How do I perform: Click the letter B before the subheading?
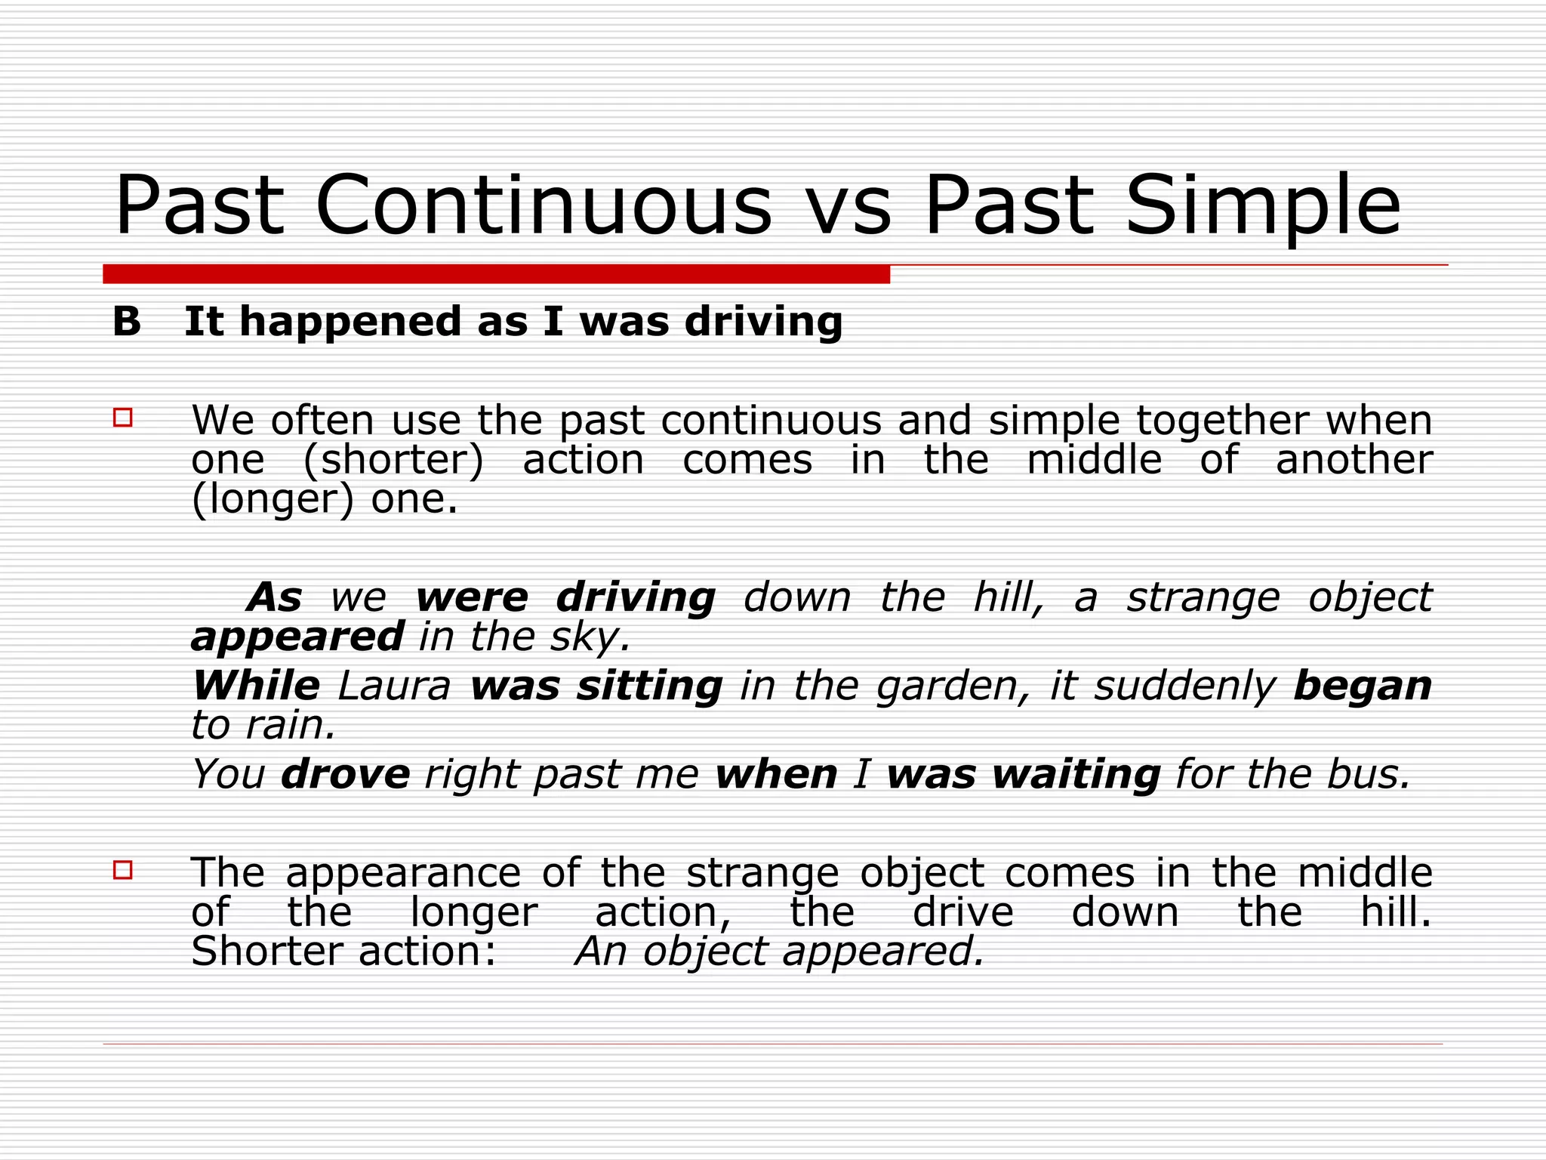pyautogui.click(x=127, y=322)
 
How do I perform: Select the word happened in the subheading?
pyautogui.click(x=350, y=322)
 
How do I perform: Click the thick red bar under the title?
pyautogui.click(x=496, y=274)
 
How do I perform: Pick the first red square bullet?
pyautogui.click(x=123, y=418)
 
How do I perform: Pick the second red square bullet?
pyautogui.click(x=123, y=870)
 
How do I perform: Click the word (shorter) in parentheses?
pyautogui.click(x=393, y=461)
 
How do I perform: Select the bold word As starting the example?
pyautogui.click(x=276, y=597)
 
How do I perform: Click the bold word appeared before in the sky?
pyautogui.click(x=297, y=637)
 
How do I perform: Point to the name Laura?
pyautogui.click(x=394, y=686)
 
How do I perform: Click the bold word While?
pyautogui.click(x=256, y=686)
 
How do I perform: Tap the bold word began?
pyautogui.click(x=1362, y=686)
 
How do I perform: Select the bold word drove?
pyautogui.click(x=346, y=775)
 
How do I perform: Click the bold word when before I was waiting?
pyautogui.click(x=776, y=775)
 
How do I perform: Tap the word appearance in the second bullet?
pyautogui.click(x=403, y=874)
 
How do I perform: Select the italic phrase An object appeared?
pyautogui.click(x=780, y=952)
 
